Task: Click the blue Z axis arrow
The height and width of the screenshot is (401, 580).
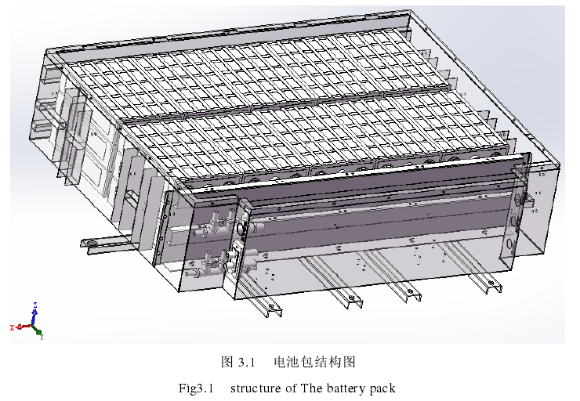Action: [x=34, y=314]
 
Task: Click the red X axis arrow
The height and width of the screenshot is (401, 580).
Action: [x=21, y=326]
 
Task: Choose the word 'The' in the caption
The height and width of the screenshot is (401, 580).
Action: [x=311, y=388]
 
